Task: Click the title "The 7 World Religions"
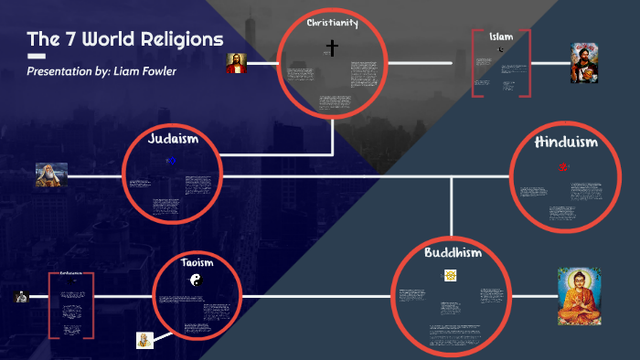(x=124, y=39)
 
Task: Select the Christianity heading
(x=332, y=22)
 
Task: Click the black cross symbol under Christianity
(x=332, y=47)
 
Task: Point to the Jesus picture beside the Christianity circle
(x=237, y=63)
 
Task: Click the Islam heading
(x=501, y=37)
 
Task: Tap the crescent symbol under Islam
(x=501, y=48)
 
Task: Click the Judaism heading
(x=173, y=140)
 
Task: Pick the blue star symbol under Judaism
(x=171, y=161)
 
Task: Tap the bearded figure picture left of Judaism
(x=51, y=175)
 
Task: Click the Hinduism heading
(x=566, y=142)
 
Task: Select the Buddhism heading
(x=452, y=252)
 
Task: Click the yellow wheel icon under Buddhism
(x=450, y=275)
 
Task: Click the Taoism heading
(x=197, y=263)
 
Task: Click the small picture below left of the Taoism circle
(x=144, y=340)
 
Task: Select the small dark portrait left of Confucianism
(x=21, y=296)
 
